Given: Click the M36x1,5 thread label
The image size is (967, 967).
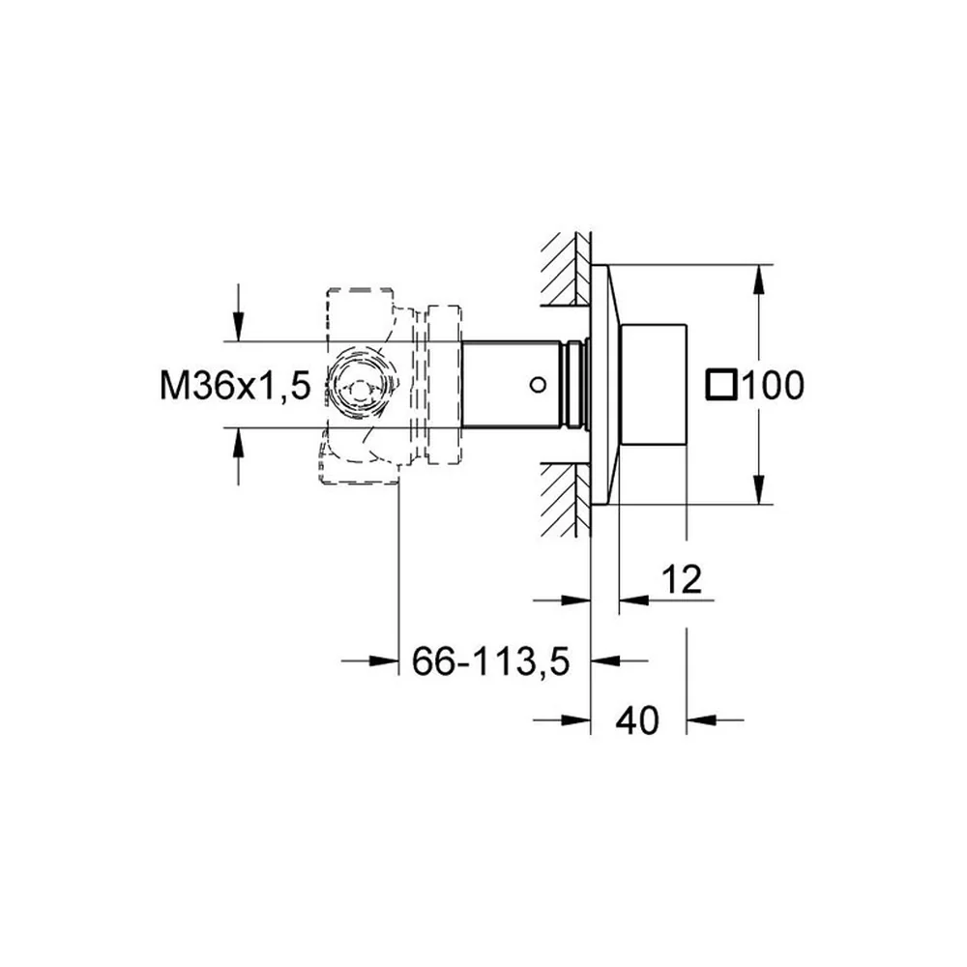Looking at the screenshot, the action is (x=235, y=386).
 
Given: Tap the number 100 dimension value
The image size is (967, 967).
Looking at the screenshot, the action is (x=774, y=386).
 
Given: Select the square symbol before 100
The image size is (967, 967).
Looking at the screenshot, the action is (x=721, y=385).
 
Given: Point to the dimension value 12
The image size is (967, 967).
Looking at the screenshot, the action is (x=682, y=579).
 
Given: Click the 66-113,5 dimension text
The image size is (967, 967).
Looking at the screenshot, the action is (x=491, y=661).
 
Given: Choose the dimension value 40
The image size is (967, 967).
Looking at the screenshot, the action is (x=637, y=719).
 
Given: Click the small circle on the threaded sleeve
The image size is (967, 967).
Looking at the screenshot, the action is (x=538, y=386).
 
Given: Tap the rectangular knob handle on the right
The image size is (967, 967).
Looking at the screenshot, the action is (x=653, y=384).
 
